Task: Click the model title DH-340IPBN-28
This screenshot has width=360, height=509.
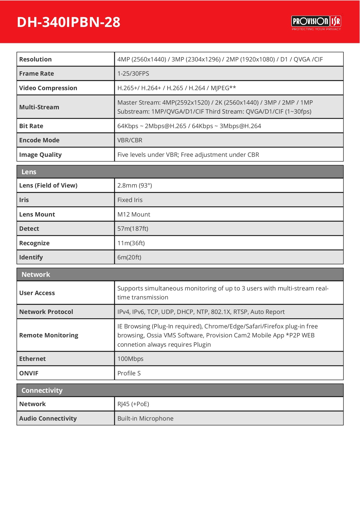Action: point(68,22)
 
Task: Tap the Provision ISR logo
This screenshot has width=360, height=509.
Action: point(316,22)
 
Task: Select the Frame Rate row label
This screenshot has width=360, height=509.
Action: point(37,74)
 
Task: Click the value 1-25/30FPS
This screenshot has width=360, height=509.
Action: point(133,74)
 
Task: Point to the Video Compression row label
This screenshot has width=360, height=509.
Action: point(48,88)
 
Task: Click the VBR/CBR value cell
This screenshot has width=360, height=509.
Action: point(130,140)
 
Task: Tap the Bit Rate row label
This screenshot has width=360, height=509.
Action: point(31,126)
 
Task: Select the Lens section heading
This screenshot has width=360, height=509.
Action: point(29,172)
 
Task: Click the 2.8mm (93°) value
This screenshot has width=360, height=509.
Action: point(134,186)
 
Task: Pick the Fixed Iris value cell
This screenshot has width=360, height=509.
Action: point(130,200)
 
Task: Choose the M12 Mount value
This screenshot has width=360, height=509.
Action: point(134,214)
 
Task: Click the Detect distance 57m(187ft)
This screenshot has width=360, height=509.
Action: point(133,229)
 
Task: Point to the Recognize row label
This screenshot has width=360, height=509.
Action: point(34,243)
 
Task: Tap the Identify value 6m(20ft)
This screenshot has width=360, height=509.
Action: point(129,257)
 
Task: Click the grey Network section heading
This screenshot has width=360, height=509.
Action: point(36,275)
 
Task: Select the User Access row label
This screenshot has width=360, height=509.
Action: point(37,293)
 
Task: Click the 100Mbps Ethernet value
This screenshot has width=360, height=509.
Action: point(130,359)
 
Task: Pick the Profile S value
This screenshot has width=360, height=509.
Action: point(129,373)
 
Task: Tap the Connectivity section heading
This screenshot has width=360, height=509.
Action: point(42,390)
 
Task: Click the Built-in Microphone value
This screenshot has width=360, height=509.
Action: point(145,419)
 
